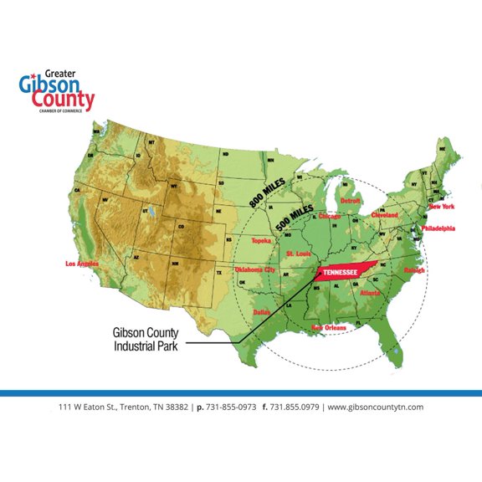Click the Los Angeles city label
(x=81, y=264)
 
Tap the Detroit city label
(x=349, y=201)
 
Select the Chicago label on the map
(x=330, y=216)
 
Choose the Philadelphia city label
(x=438, y=228)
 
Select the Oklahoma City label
(x=254, y=269)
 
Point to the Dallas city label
(x=263, y=311)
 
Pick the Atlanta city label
(x=371, y=293)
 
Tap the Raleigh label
(x=414, y=270)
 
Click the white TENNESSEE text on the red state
(x=343, y=272)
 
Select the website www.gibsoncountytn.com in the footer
(x=375, y=407)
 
